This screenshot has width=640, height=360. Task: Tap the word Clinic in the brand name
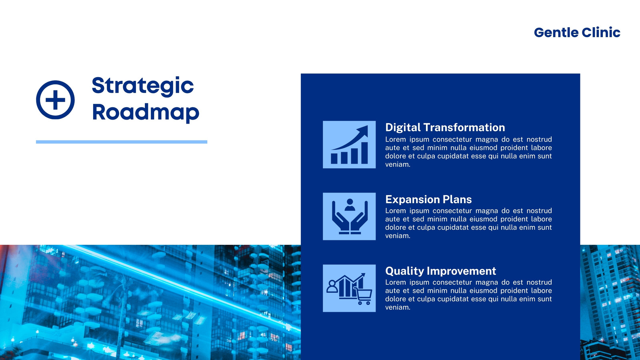[601, 32]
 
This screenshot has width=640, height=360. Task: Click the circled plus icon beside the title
[56, 100]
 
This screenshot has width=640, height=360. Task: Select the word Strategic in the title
[142, 86]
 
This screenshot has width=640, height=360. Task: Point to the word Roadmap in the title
[146, 112]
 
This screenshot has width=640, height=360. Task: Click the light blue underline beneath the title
[122, 142]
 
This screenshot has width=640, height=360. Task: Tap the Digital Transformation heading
[445, 128]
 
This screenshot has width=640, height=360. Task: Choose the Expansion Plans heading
[428, 199]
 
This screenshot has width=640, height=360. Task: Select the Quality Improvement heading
[440, 271]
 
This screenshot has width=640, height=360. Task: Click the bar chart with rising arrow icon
[349, 144]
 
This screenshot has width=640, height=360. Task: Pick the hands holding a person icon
[349, 216]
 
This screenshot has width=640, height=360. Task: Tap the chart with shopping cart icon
[349, 288]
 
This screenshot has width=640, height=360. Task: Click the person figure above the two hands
[350, 204]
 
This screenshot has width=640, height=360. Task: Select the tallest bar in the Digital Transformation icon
[364, 153]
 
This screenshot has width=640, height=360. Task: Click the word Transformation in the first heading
[464, 128]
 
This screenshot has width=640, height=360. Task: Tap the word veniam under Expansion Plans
[398, 236]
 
